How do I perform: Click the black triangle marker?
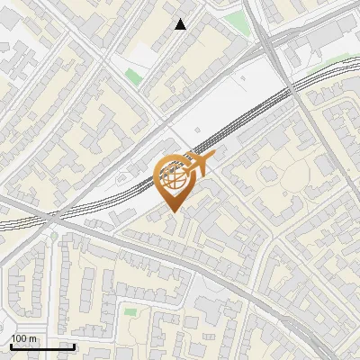coord(181,24)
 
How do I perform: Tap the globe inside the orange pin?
coord(175,177)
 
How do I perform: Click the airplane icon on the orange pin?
coord(199,165)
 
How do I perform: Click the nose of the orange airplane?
coord(213,157)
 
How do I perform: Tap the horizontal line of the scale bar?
coord(42,346)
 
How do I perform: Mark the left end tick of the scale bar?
coord(11,345)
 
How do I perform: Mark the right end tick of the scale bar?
coord(74,345)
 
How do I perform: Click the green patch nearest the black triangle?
coord(133,76)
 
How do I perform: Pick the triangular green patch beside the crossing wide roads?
coord(237,22)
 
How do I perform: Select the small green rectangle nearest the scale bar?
coord(131,312)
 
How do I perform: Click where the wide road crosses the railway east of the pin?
coord(290,87)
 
